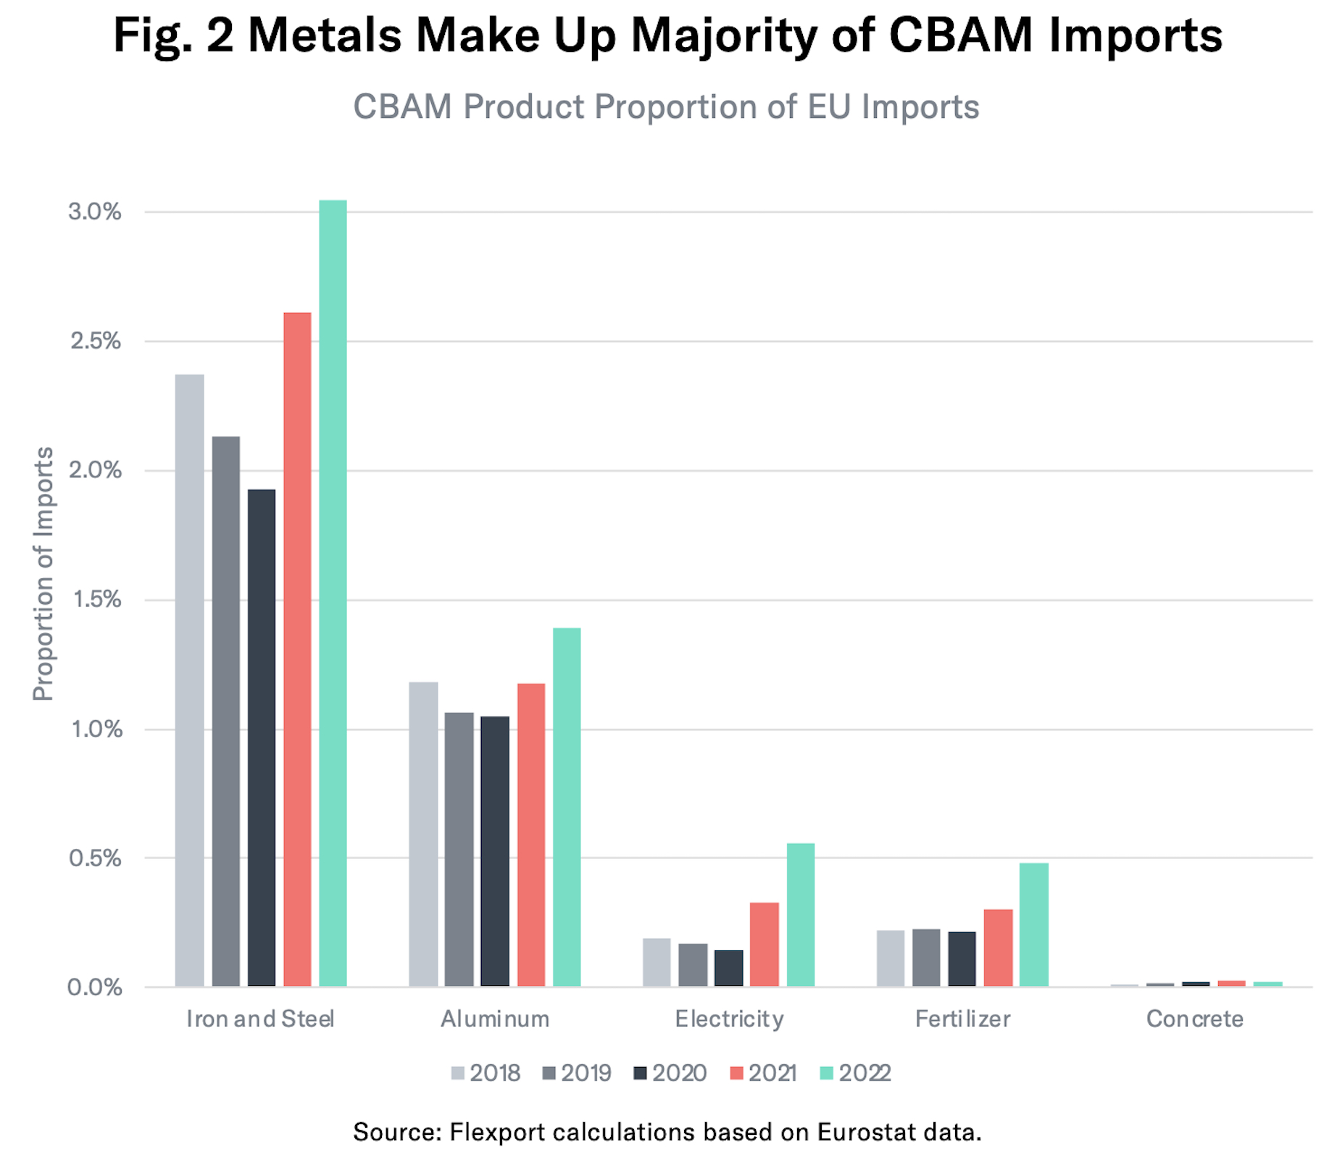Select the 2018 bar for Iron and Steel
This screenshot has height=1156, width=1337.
190,680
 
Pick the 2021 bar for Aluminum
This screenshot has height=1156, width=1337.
531,834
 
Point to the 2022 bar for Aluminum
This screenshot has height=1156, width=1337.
567,807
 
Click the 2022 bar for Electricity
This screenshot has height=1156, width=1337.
801,914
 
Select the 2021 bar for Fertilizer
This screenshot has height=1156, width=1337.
998,947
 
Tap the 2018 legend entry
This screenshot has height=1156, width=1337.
486,1073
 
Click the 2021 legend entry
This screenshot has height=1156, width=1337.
763,1073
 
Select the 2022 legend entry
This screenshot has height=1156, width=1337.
855,1073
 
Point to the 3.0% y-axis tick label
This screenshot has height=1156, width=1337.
95,211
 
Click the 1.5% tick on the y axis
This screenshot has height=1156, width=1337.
96,600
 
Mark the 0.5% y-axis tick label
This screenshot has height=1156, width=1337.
95,858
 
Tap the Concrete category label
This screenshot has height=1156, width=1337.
1194,1019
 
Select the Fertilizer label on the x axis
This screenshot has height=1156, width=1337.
962,1019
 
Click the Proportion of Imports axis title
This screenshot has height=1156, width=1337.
43,574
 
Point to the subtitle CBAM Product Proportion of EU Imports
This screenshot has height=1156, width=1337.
666,106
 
